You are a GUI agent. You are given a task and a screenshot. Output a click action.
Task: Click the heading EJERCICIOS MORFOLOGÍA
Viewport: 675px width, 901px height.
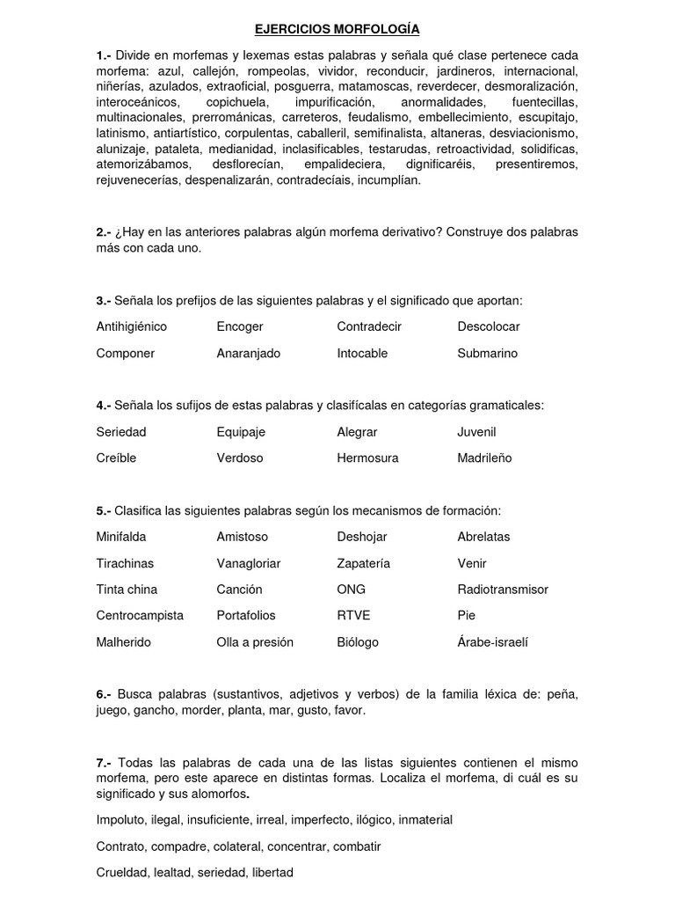click(x=337, y=29)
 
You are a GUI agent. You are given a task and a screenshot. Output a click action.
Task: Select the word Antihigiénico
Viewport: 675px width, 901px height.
click(x=132, y=326)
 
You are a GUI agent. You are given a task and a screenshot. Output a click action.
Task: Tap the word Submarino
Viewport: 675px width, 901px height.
click(x=487, y=353)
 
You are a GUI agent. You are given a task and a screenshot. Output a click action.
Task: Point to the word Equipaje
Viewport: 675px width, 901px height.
click(x=241, y=432)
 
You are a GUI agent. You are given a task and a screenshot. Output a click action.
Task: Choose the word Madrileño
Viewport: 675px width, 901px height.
click(x=484, y=458)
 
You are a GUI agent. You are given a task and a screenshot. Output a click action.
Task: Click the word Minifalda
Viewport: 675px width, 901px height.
click(x=121, y=537)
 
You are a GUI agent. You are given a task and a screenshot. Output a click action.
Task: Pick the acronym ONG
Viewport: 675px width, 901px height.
click(x=351, y=590)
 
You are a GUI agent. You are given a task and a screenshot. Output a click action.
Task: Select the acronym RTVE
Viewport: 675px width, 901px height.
click(x=353, y=616)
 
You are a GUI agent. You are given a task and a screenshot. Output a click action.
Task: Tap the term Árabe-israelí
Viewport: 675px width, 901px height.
click(x=493, y=642)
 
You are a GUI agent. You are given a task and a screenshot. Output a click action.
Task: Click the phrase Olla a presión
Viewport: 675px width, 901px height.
click(x=255, y=642)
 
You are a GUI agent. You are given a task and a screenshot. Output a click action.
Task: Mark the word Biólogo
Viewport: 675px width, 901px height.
click(x=358, y=642)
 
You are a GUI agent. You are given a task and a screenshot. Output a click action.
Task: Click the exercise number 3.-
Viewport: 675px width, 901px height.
click(x=104, y=300)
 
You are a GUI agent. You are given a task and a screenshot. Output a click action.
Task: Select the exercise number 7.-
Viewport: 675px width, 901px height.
click(x=104, y=761)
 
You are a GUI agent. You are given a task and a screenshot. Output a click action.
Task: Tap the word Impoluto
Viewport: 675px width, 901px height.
click(x=121, y=820)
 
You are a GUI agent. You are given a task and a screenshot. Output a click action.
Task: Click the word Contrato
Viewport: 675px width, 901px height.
click(x=120, y=846)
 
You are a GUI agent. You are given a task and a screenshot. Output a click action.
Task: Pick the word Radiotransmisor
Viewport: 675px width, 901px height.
click(x=503, y=590)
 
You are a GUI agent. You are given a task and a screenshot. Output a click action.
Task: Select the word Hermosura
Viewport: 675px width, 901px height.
click(x=367, y=458)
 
